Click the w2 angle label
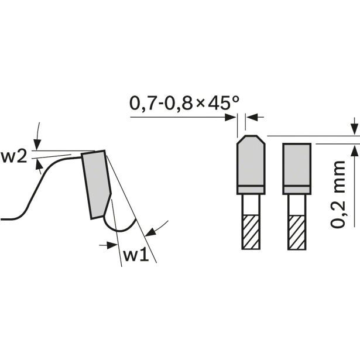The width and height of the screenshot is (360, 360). (x=14, y=157)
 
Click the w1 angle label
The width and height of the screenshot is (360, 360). (x=136, y=255)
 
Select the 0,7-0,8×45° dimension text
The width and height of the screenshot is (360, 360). (x=184, y=103)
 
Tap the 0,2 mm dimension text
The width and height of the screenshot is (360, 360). (x=338, y=194)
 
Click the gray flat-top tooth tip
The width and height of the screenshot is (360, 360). (x=297, y=169)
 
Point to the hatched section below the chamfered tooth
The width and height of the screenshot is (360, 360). (x=251, y=232)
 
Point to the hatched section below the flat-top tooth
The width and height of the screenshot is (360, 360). (x=297, y=232)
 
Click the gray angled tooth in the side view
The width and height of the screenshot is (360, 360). (x=97, y=184)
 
